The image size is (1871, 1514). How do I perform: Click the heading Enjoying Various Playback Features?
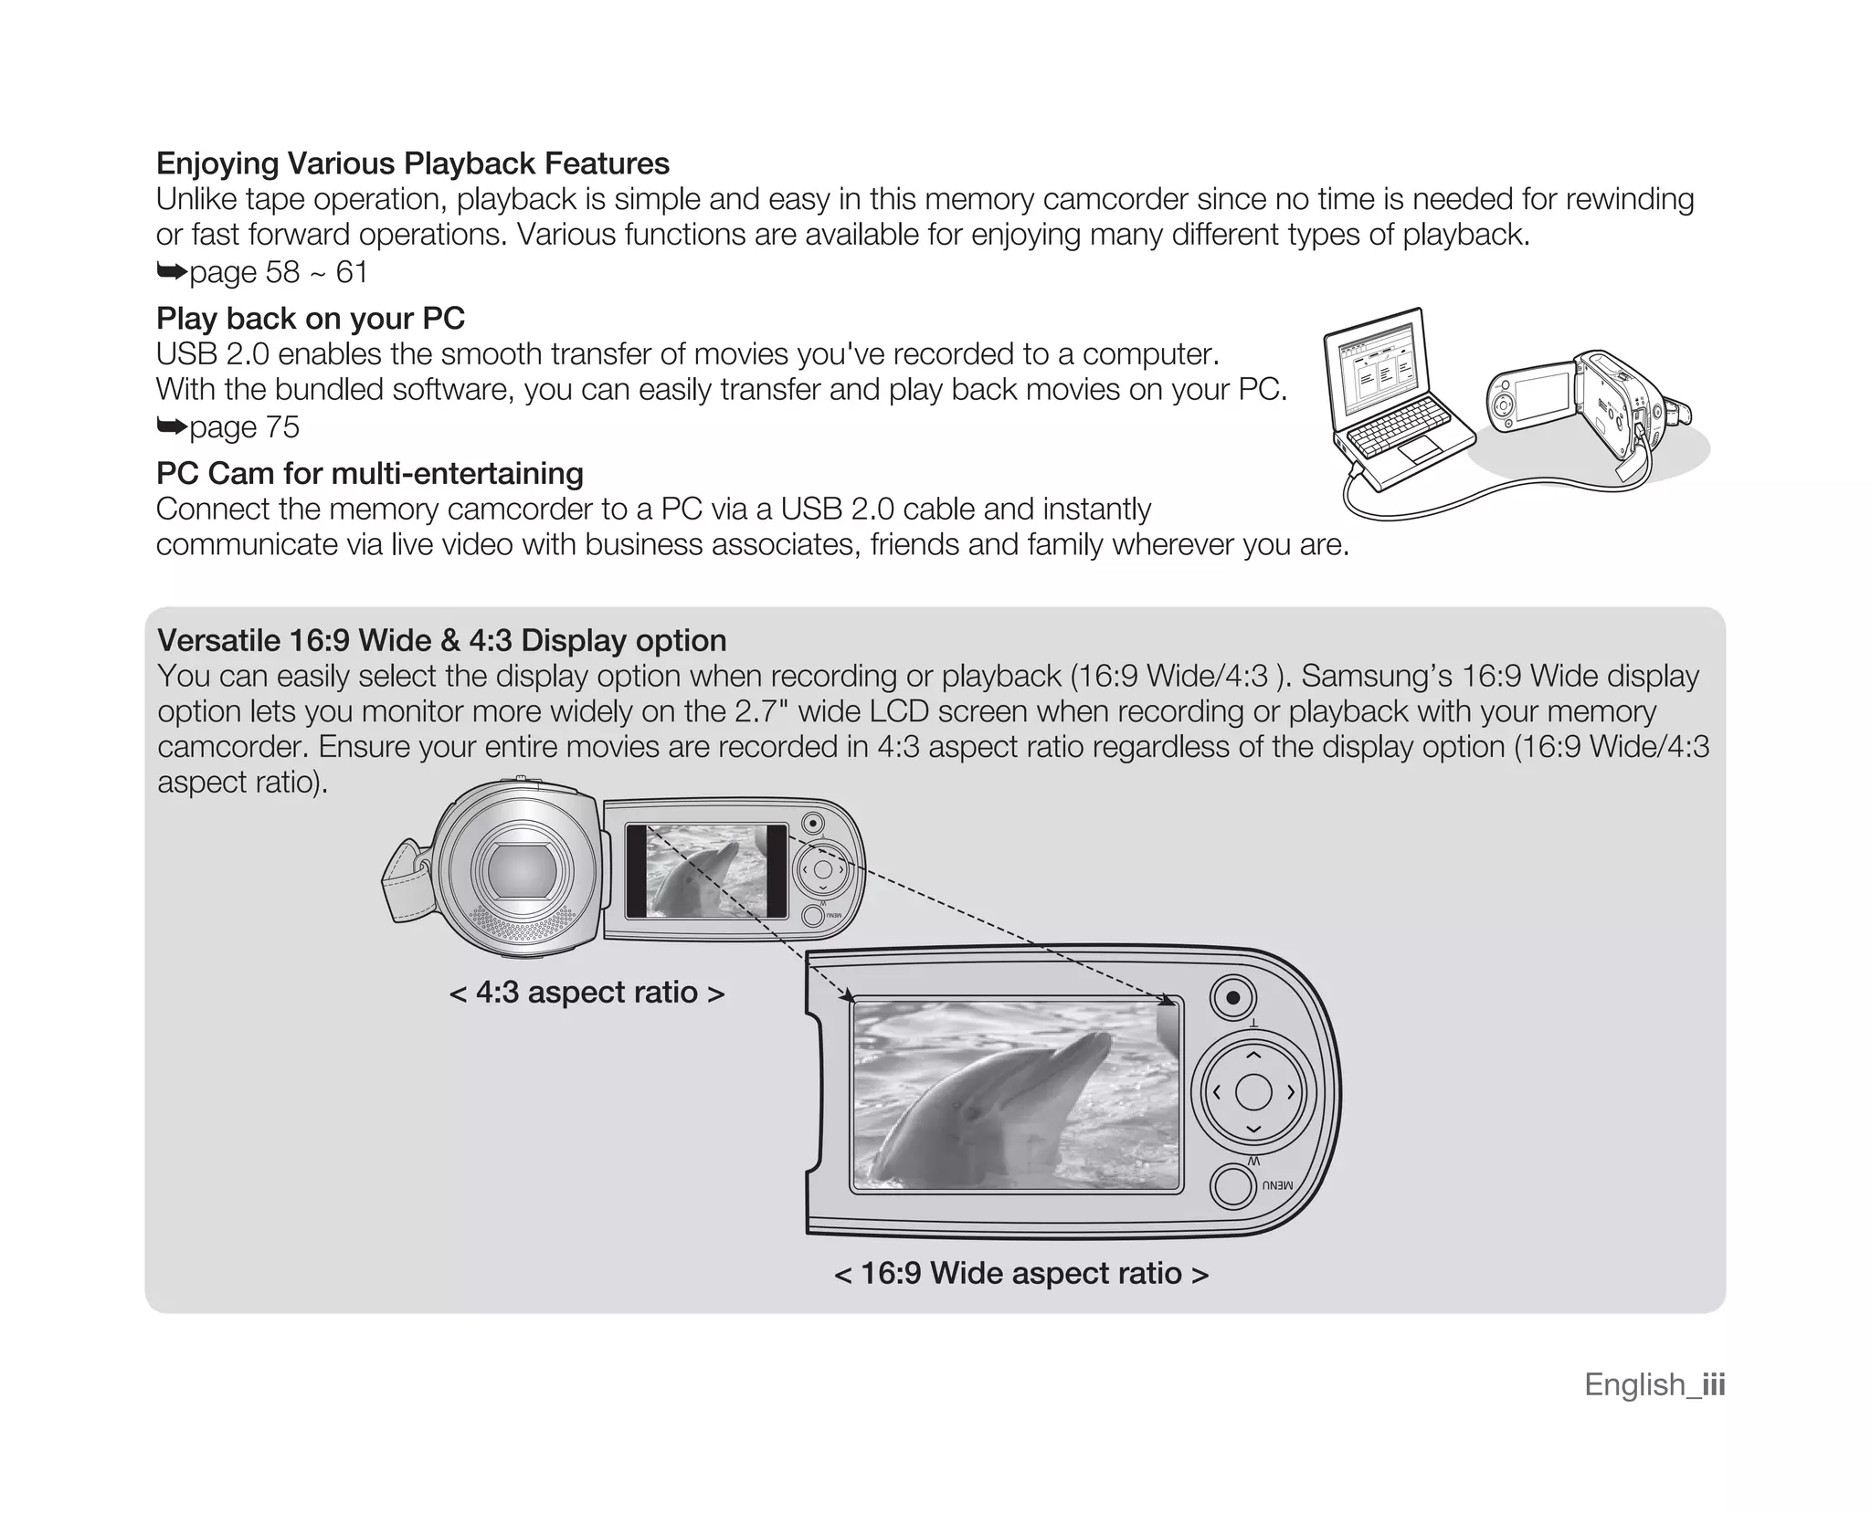(412, 163)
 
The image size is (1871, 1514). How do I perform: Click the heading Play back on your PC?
(311, 318)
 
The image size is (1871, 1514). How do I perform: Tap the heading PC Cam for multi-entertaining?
(369, 473)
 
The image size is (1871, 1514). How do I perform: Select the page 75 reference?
(228, 426)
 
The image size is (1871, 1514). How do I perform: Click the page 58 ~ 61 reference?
(262, 271)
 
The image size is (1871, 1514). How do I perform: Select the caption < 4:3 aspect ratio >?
(587, 992)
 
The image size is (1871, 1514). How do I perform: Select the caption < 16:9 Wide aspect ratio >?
(1020, 1273)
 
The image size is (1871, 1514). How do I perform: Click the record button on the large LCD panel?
(1232, 997)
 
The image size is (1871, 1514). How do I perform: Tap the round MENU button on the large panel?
(1232, 1187)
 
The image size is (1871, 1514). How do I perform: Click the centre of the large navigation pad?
(1253, 1092)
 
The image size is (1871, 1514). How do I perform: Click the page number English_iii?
(1654, 1384)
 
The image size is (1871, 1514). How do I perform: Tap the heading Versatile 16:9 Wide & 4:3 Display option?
(441, 640)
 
